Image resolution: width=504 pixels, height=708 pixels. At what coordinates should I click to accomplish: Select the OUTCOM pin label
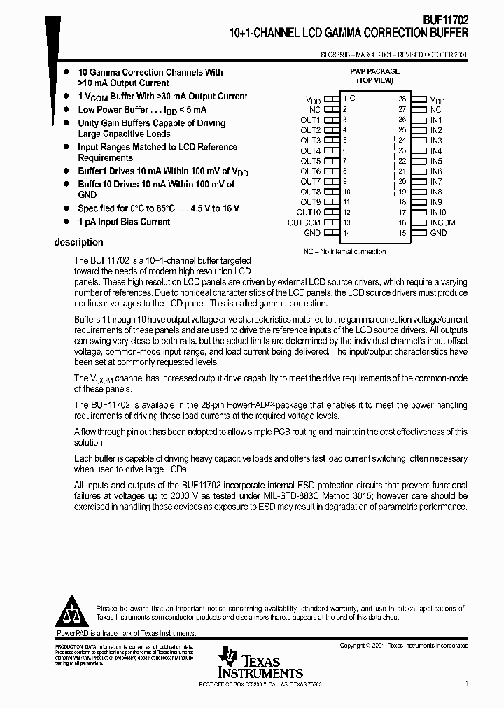(304, 222)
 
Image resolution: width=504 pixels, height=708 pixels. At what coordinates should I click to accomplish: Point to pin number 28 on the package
(402, 99)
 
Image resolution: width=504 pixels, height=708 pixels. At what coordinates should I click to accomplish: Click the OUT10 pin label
(308, 213)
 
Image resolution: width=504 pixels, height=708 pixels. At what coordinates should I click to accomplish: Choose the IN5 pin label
(436, 161)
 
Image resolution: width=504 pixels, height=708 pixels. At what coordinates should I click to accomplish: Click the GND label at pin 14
(312, 233)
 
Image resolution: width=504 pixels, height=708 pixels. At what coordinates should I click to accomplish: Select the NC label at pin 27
(435, 110)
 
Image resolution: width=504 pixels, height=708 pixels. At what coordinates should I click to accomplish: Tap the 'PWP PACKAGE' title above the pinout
(374, 71)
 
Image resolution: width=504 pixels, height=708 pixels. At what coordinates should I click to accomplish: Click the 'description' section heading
(78, 243)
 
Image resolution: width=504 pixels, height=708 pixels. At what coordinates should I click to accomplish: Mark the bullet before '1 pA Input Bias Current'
(66, 222)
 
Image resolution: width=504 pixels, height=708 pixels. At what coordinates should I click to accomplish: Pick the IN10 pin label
(438, 213)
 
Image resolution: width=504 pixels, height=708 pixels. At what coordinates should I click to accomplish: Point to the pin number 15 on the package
(402, 233)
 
